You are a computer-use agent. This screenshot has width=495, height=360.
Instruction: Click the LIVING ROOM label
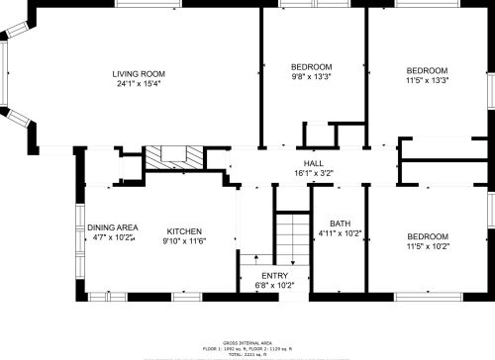click(138, 74)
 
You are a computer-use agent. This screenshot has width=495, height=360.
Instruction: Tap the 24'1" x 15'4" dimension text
click(138, 84)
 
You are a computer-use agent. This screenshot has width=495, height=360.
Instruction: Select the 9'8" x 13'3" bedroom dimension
click(311, 77)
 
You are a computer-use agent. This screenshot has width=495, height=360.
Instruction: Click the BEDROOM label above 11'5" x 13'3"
click(427, 70)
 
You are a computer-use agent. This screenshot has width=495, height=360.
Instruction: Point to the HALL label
click(313, 163)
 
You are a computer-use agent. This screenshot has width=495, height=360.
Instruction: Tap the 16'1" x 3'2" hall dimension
click(313, 173)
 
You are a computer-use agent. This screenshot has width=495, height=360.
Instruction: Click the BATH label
click(341, 224)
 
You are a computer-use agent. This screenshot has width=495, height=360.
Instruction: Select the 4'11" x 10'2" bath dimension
click(341, 233)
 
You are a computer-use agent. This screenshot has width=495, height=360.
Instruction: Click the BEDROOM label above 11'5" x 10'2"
click(427, 236)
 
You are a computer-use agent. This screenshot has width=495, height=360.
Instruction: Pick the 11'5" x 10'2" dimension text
click(427, 246)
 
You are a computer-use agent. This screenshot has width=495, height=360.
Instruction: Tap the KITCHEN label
click(184, 228)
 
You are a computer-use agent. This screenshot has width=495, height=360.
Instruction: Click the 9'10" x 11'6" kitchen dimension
click(184, 238)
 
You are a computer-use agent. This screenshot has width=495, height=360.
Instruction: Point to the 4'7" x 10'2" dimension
click(112, 238)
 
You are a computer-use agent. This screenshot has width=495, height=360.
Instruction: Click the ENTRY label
click(274, 275)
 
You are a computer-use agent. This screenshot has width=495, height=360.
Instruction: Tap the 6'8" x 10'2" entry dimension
click(274, 285)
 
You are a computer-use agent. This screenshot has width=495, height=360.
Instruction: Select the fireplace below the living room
click(176, 157)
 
